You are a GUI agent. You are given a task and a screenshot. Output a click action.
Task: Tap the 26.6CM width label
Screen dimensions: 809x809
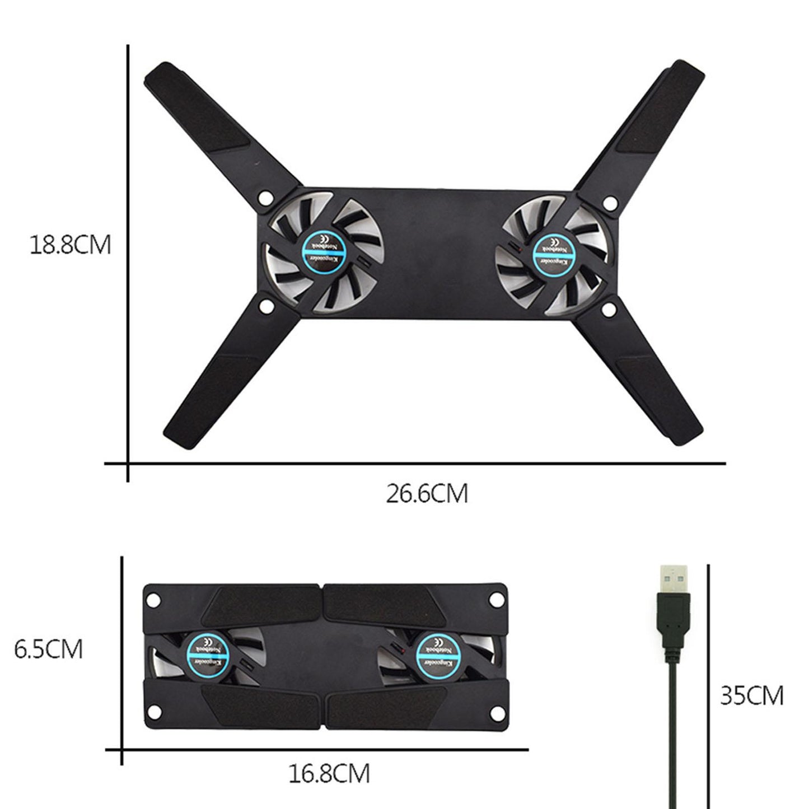[427, 494]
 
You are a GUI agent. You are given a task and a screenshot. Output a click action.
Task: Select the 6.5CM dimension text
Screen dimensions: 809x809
[49, 649]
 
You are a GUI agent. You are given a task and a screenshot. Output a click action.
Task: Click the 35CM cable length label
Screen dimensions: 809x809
[751, 696]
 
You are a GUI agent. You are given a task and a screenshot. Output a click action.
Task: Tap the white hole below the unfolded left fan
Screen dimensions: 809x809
[266, 306]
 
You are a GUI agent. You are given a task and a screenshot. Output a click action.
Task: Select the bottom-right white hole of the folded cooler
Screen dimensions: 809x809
[494, 714]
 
